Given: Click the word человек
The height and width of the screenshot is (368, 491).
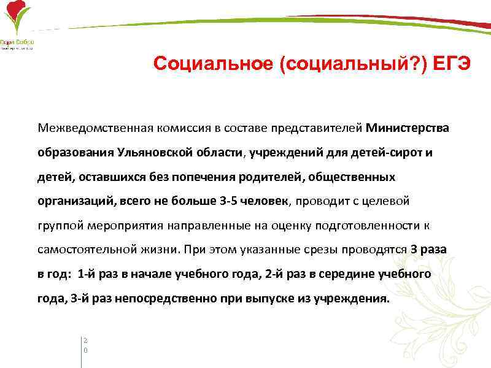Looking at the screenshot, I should [268, 200].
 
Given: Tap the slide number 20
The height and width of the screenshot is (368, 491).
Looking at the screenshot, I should [85, 344].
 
